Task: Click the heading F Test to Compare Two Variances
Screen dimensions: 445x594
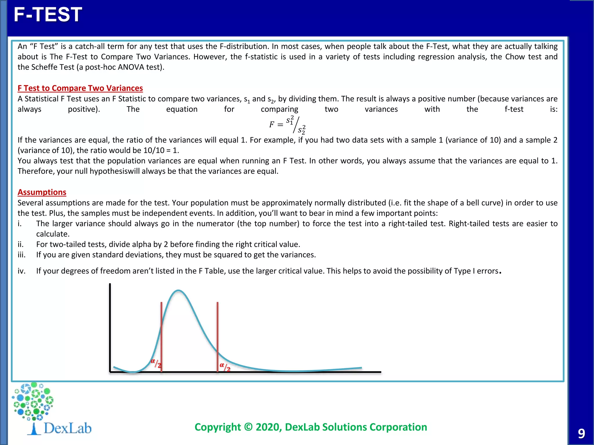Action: [80, 88]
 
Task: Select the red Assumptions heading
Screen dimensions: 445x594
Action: [42, 192]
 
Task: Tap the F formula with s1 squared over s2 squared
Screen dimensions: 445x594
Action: [287, 125]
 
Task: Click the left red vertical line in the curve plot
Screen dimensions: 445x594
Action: [161, 336]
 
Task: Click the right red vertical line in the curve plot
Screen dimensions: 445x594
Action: [218, 336]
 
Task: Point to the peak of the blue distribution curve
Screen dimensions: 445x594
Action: [178, 291]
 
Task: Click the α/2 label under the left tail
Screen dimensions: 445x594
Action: [156, 363]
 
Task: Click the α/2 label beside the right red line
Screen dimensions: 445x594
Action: [225, 367]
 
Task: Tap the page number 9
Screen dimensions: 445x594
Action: [581, 434]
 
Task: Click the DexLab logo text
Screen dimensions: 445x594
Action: [67, 428]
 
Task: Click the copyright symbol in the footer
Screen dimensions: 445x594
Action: [248, 427]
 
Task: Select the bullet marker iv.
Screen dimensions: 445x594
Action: [21, 271]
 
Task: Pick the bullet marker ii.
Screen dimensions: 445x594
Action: [20, 244]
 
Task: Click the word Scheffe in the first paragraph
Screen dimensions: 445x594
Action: [44, 67]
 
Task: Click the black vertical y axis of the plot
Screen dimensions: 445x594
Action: [110, 327]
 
